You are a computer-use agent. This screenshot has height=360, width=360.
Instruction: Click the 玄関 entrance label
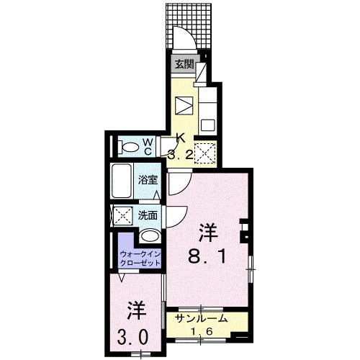(x=185, y=63)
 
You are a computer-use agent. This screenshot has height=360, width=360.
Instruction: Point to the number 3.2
(x=181, y=153)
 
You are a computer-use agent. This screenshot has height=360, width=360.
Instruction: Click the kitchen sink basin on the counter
(x=207, y=123)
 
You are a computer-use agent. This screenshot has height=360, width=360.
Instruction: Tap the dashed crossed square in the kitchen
(x=206, y=153)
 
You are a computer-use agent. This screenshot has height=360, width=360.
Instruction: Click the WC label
(x=146, y=147)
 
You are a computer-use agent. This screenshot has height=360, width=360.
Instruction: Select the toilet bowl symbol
(x=129, y=148)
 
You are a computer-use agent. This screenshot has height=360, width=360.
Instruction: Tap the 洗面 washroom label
(x=148, y=215)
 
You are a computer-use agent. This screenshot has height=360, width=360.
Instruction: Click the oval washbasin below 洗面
(x=150, y=235)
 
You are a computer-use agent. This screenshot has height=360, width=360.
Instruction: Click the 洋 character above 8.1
(x=208, y=232)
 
